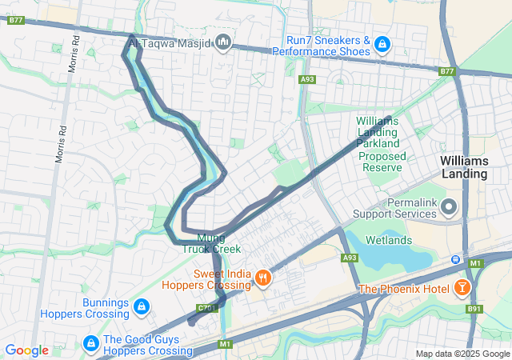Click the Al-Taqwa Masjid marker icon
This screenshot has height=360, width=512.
click(x=223, y=41)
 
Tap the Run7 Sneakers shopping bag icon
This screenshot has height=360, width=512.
click(x=382, y=43)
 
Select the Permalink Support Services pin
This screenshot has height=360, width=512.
click(x=449, y=209)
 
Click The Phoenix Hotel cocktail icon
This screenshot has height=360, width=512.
click(x=462, y=288)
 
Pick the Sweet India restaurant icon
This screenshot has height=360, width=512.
click(x=262, y=278)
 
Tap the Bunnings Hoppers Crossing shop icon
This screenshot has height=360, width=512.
click(x=141, y=307)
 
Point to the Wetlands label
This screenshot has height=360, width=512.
click(x=389, y=240)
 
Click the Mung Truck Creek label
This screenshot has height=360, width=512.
click(x=210, y=243)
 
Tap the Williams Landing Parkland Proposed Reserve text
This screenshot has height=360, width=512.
click(x=382, y=144)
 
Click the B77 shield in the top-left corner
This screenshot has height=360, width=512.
click(x=15, y=21)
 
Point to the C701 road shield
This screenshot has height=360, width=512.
click(x=207, y=307)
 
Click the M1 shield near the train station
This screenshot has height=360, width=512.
click(x=475, y=262)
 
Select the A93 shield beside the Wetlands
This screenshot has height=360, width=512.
click(x=350, y=258)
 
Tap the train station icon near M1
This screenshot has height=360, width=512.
click(x=455, y=259)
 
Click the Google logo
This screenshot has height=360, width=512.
click(x=26, y=350)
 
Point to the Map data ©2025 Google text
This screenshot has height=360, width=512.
click(x=462, y=354)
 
